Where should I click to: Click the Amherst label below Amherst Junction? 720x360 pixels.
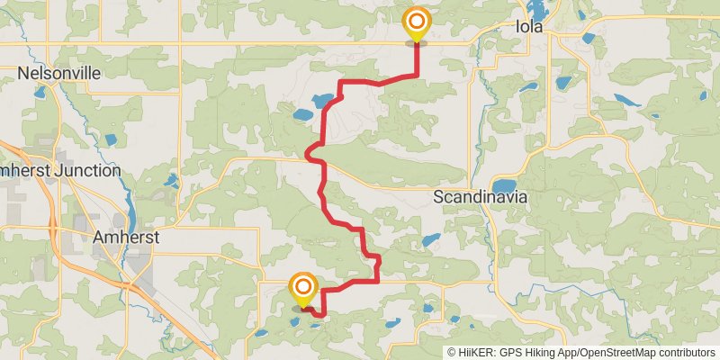(126, 238)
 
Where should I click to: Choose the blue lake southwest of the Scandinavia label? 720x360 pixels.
(430, 240)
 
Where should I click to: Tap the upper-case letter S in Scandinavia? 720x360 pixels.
(439, 196)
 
